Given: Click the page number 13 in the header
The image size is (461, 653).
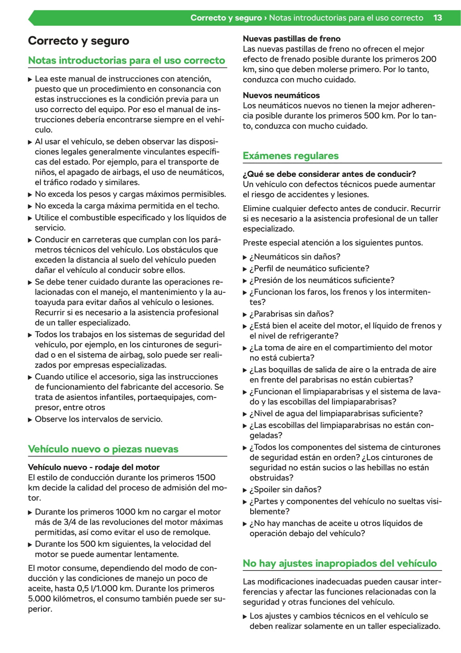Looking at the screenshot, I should point(437,18).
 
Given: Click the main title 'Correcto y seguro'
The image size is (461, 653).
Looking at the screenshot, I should point(78,41).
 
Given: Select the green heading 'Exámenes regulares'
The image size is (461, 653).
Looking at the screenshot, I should point(291,156).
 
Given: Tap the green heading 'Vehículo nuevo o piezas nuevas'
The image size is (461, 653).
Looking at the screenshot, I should point(103,449).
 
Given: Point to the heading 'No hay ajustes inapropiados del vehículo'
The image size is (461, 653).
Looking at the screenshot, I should point(340,563).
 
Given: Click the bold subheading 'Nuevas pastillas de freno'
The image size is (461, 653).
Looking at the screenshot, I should point(291,39).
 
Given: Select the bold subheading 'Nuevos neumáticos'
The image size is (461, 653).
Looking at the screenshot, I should point(281,95).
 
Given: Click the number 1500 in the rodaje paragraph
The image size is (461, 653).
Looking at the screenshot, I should point(206,477).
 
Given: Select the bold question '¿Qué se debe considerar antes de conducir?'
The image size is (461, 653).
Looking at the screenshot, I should point(329,174).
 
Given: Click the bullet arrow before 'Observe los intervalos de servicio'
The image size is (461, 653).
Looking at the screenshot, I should point(30,419).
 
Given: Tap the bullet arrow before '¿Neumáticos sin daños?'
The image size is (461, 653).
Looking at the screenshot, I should point(245,257).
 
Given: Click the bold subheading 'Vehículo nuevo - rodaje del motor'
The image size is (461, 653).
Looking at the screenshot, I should point(94,467).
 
